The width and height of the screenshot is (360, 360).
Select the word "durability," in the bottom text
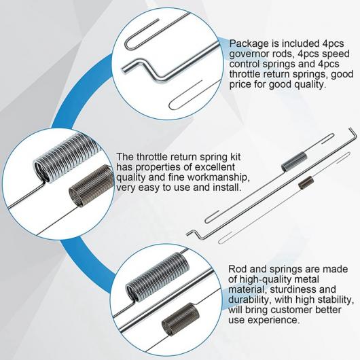point(250,300)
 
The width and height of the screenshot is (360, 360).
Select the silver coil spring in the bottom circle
point(158,276)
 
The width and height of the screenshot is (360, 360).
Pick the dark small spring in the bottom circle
point(181,317)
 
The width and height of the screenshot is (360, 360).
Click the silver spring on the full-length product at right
point(294,162)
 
